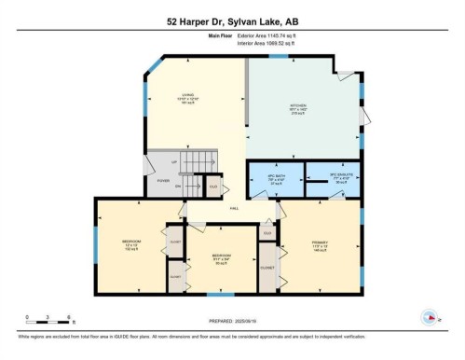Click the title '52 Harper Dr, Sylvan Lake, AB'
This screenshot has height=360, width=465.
[x=232, y=21]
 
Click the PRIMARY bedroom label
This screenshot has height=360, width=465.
[x=319, y=244]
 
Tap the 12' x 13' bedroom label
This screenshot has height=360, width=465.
[x=130, y=245]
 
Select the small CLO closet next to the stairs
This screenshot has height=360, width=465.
[x=213, y=187]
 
